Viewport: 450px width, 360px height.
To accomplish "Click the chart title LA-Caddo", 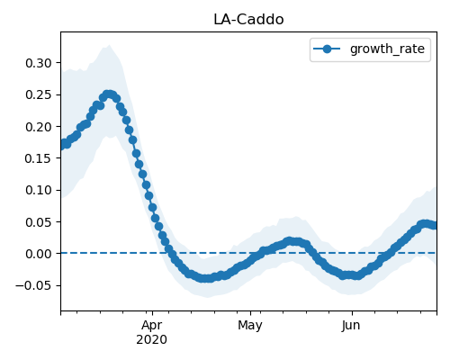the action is click(248, 20).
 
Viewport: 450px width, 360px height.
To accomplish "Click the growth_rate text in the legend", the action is click(387, 49).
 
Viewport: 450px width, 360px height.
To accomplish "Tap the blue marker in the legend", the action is click(327, 49).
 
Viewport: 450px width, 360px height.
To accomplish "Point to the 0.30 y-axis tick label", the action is click(39, 63).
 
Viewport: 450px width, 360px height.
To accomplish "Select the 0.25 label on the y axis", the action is click(39, 94).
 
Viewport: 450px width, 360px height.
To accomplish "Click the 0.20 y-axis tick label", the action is click(39, 127).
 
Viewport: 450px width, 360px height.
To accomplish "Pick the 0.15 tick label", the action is click(39, 158).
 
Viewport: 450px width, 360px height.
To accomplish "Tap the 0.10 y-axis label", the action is click(39, 190).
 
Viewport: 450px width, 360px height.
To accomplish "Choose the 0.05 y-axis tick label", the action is click(39, 222).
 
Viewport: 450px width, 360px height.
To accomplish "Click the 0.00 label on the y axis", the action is click(39, 254).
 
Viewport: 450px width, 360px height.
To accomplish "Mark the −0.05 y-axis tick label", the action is click(33, 285).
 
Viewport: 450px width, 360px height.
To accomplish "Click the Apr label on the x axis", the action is click(152, 326).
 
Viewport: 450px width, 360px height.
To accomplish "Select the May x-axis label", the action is click(250, 326).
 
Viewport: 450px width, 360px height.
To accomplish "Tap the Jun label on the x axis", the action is click(351, 326).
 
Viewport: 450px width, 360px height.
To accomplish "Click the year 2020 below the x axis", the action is click(151, 339).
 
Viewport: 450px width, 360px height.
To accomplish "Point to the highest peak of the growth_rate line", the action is click(109, 94).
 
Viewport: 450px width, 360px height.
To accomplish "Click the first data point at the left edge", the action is click(61, 145).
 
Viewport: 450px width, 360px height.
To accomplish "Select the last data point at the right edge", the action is click(435, 225).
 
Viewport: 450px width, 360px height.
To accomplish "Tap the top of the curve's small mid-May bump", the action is click(289, 241).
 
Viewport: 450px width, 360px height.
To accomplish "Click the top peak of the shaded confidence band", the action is click(109, 45).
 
